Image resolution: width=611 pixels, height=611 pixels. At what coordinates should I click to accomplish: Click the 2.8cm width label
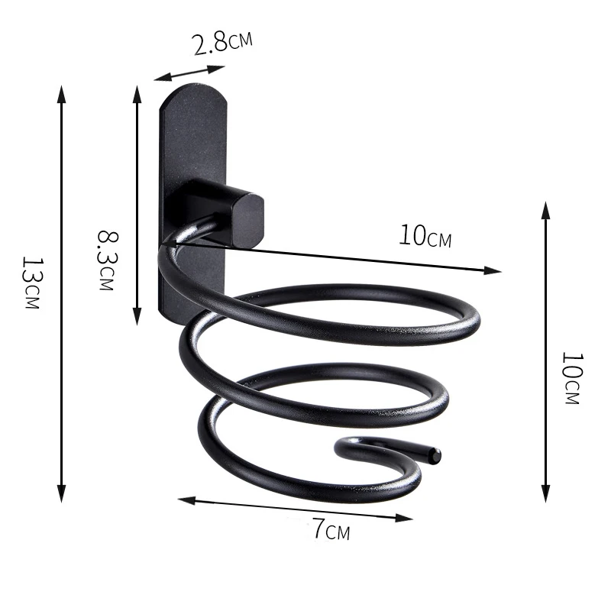click(221, 41)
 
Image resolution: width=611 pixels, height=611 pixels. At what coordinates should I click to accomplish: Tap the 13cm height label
click(31, 283)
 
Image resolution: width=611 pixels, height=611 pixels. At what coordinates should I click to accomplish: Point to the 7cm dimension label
click(330, 528)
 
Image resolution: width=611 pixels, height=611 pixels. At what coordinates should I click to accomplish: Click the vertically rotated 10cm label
click(571, 378)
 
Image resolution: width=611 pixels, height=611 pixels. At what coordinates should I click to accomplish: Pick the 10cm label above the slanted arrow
click(425, 236)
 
